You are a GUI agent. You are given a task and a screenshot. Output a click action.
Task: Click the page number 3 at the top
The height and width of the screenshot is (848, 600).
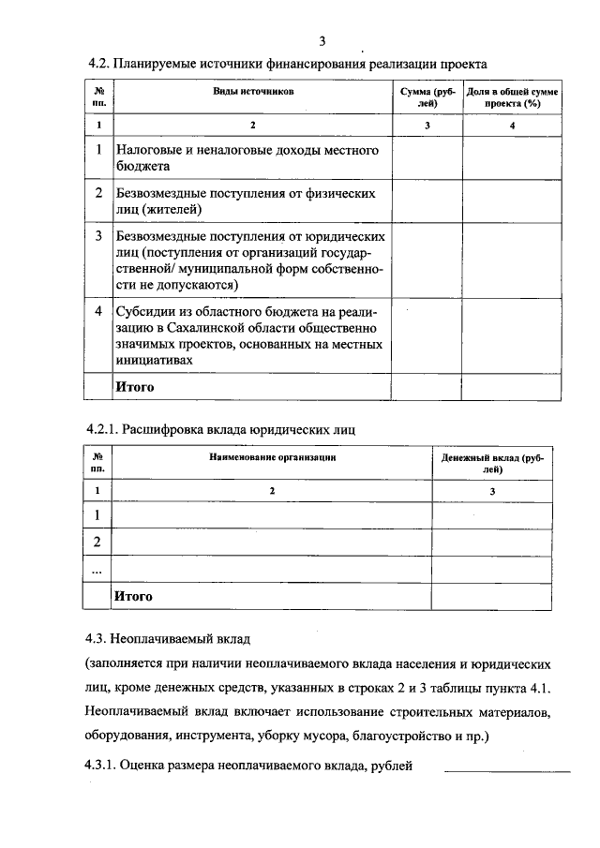pyautogui.click(x=322, y=40)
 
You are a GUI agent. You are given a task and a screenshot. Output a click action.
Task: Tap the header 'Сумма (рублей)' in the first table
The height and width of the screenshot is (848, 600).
pyautogui.click(x=427, y=98)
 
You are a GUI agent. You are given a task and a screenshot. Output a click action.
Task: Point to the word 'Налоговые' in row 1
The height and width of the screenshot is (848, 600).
pyautogui.click(x=150, y=149)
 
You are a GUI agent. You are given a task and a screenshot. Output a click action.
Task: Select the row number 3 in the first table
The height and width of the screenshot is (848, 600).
pyautogui.click(x=99, y=237)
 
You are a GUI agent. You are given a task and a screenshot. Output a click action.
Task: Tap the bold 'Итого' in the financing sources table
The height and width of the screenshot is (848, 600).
pyautogui.click(x=134, y=386)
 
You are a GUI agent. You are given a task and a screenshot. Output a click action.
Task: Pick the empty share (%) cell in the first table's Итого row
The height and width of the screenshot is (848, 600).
pyautogui.click(x=512, y=386)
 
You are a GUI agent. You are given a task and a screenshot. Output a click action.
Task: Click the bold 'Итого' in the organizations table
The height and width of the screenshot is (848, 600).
pyautogui.click(x=133, y=595)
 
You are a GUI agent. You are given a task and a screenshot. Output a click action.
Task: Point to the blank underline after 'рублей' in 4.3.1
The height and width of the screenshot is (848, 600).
pyautogui.click(x=506, y=768)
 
